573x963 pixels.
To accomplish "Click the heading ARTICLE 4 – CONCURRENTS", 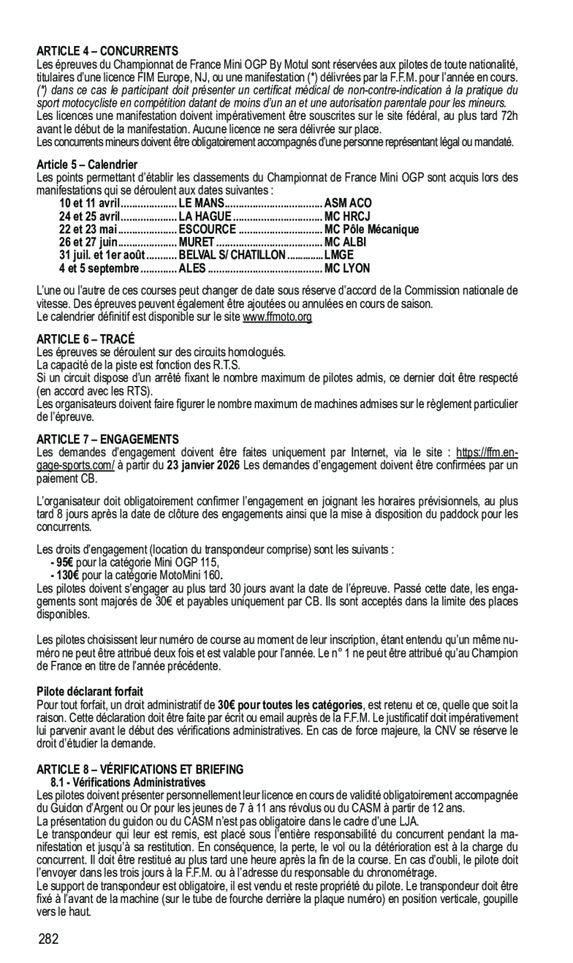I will pos(107,51).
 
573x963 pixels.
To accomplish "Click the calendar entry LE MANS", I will pos(200,202).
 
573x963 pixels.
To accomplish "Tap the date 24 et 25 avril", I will pos(89,216).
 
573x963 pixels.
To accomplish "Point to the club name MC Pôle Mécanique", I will pos(371,229).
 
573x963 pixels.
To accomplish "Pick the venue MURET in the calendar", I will pos(196,242).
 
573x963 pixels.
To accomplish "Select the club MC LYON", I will pos(347,268).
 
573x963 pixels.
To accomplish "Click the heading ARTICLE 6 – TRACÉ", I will pos(85,339).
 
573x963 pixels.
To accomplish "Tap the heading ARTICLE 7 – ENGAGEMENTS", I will pos(107,440).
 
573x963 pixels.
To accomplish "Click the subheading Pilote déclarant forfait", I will pos(90,691).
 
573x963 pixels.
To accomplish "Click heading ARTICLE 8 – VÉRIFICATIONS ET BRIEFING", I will pos(139,770).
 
